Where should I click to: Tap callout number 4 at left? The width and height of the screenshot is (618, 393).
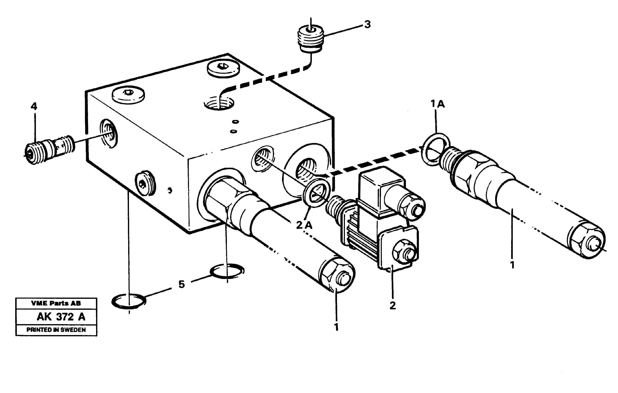coord(34,106)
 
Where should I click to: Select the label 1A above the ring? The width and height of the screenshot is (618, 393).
coord(438,104)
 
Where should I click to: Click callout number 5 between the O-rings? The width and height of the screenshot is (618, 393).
coord(181,284)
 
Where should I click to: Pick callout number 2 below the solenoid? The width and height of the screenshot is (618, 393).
coord(393,305)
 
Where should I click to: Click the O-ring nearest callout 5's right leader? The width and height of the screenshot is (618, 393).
coord(227,271)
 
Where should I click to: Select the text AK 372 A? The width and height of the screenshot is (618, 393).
coord(61,317)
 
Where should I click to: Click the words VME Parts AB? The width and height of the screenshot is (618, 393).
coord(56,303)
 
